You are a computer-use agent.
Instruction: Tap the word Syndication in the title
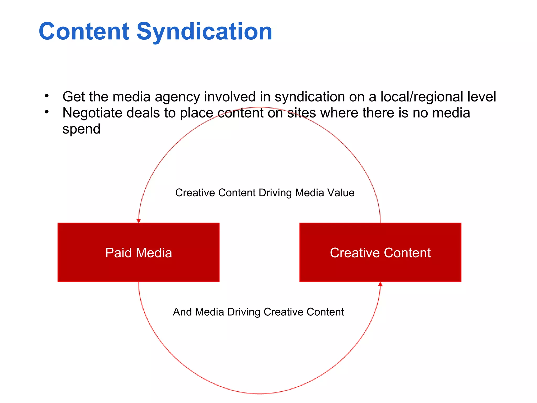(204, 32)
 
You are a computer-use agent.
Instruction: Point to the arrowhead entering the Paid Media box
(139, 221)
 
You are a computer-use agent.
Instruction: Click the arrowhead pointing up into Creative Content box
(380, 284)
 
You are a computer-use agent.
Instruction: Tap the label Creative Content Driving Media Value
(265, 193)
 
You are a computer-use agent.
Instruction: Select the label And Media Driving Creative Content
(258, 312)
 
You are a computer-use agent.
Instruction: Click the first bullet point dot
(47, 96)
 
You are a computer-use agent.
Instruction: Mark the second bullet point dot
(47, 112)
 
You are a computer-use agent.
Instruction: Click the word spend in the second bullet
(81, 129)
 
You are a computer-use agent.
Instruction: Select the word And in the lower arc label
(182, 312)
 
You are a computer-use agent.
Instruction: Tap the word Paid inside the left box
(118, 253)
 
